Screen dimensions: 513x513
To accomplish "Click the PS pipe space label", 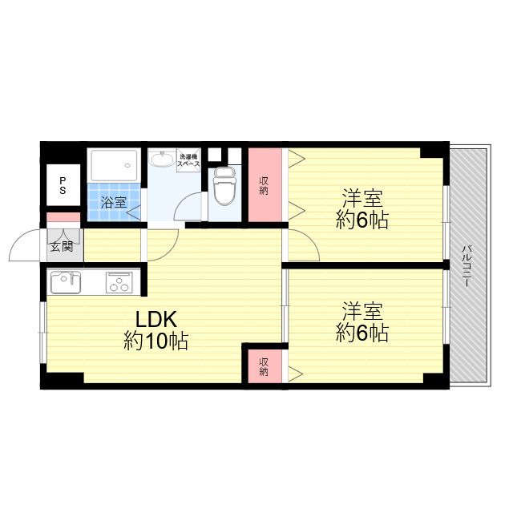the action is (63, 185).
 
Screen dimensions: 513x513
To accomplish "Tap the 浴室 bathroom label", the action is (113, 202).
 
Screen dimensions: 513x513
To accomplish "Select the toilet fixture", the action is (224, 186).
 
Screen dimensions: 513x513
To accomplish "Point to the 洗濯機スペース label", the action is (188, 160).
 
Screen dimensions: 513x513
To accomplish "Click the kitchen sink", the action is (66, 282).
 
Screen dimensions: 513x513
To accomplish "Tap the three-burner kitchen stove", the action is (119, 283).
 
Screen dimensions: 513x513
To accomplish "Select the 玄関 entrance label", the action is (62, 246).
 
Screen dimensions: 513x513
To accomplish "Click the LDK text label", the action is (156, 319).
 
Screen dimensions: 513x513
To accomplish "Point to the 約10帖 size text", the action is (156, 341).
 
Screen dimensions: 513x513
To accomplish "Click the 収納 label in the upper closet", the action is (264, 185).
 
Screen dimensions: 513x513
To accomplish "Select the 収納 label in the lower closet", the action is (264, 366).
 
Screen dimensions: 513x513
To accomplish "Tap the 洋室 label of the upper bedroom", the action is (362, 198).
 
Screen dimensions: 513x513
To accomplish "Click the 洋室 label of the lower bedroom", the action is (362, 311).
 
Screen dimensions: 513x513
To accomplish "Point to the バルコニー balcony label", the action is (467, 265).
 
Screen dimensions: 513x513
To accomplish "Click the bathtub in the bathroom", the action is (114, 165).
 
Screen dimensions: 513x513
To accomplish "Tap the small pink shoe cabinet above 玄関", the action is (63, 217).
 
